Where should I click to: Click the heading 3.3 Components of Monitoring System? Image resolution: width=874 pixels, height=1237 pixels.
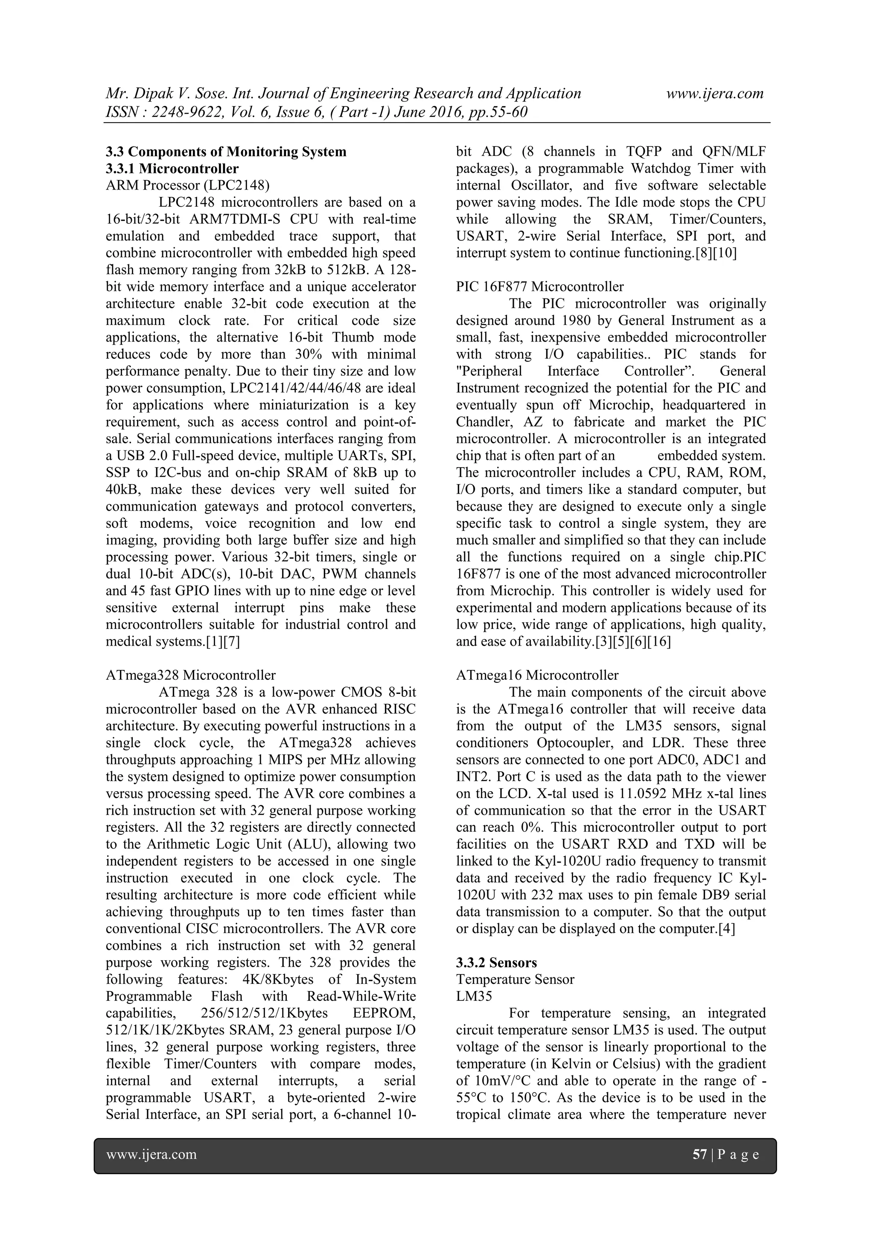tap(226, 152)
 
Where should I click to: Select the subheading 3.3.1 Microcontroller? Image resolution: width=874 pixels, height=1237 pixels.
tap(172, 169)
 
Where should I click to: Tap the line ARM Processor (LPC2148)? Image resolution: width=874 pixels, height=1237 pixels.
tap(187, 186)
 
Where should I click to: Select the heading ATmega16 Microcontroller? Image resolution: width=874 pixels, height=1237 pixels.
tap(537, 675)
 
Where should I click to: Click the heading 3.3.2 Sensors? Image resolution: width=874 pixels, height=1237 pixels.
tap(496, 963)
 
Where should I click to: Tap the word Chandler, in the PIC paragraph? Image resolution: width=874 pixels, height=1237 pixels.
tap(481, 422)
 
